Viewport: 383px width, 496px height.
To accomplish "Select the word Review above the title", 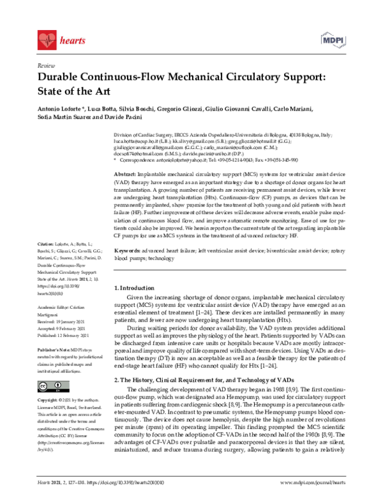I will click(46, 66).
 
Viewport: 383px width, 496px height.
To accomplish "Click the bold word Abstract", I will click(124, 174).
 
